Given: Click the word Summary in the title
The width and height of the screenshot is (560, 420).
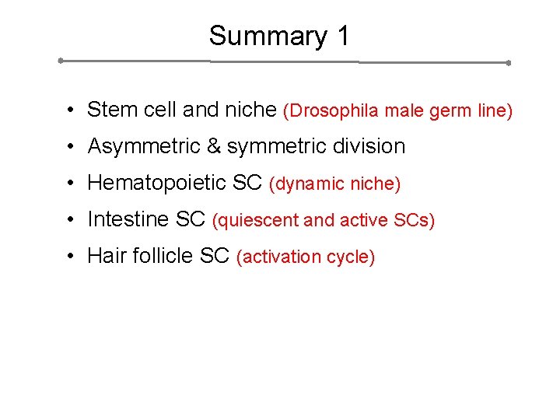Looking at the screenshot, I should point(257,37).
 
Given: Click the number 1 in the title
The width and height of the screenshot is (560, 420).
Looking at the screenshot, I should point(342,37).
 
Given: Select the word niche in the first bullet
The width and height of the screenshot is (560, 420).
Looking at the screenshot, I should point(250,110).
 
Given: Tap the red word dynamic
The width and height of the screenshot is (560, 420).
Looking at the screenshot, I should point(310,184).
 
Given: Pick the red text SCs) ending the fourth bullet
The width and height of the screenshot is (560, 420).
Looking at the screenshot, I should point(414,221).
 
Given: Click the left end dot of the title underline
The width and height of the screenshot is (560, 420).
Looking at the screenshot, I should point(61,60).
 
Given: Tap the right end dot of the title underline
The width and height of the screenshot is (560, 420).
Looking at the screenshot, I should point(508,62).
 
